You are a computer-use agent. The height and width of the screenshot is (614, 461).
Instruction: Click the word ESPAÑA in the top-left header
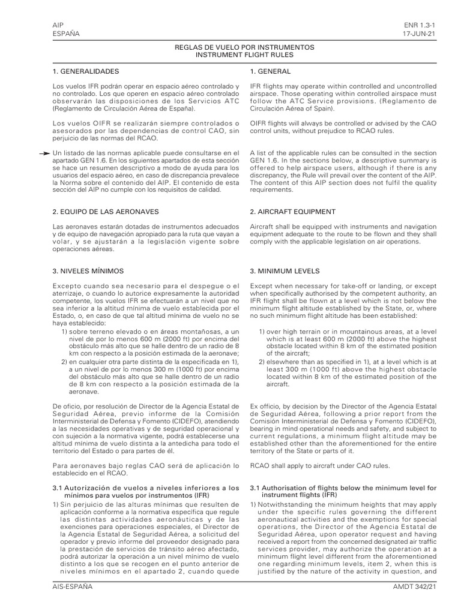(65, 34)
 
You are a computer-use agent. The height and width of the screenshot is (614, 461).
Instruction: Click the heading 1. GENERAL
(271, 71)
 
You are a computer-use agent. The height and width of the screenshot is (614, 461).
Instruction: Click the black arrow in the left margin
(44, 154)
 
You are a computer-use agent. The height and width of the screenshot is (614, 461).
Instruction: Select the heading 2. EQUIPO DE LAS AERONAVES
(106, 212)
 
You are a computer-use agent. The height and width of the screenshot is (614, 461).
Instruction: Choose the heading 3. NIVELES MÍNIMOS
(88, 270)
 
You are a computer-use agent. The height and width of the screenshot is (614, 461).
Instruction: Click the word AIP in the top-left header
(58, 25)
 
